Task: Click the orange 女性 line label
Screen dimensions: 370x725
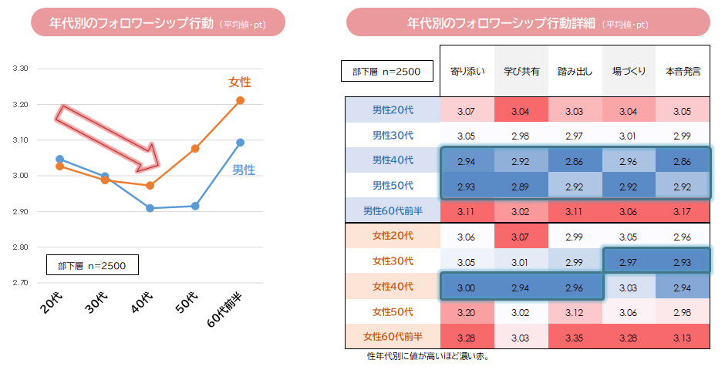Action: (x=240, y=82)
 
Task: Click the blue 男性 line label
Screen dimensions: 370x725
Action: (x=244, y=170)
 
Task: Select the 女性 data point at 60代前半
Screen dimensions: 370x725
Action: (x=240, y=100)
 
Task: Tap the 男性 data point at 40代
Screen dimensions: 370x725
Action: (x=150, y=208)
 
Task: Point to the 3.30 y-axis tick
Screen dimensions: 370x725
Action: (x=21, y=69)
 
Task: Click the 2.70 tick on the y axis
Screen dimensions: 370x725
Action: (x=21, y=283)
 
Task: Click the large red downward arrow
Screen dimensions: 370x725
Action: (x=108, y=137)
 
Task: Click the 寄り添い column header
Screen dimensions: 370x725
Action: (x=467, y=72)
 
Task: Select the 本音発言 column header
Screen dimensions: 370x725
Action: (x=682, y=72)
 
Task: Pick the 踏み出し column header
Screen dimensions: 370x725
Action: (x=575, y=72)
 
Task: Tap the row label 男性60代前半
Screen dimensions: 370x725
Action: (x=393, y=210)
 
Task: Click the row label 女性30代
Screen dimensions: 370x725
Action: (x=393, y=261)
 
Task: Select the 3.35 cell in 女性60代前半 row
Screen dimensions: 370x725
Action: (x=575, y=337)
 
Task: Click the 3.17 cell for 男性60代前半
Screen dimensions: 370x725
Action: (x=682, y=210)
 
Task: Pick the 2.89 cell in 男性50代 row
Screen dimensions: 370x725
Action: (x=521, y=186)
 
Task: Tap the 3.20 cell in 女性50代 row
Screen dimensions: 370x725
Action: (x=467, y=312)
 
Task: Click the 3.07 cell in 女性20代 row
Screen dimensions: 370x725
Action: (x=521, y=237)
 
